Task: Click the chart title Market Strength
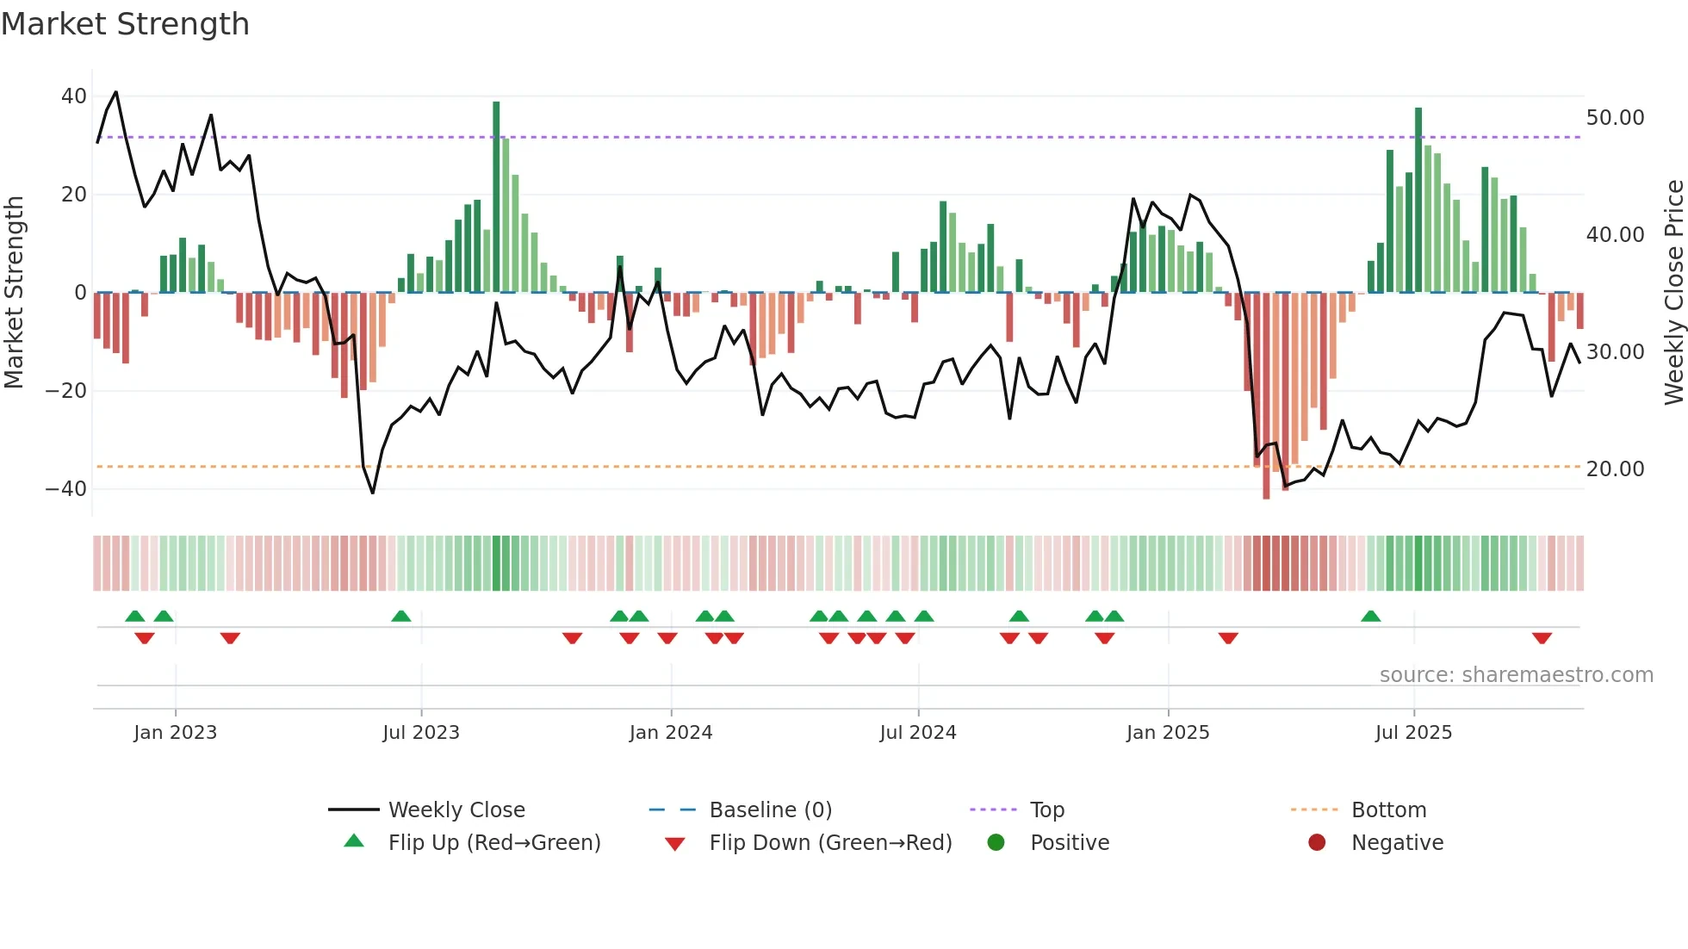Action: [x=125, y=24]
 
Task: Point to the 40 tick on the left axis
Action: [x=74, y=96]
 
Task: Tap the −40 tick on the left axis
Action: [x=67, y=489]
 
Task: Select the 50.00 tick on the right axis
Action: [x=1615, y=118]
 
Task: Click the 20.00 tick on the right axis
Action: [x=1615, y=469]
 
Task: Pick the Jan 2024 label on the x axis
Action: [x=671, y=733]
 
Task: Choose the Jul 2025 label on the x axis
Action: [x=1413, y=733]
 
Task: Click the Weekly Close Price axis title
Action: [x=1673, y=293]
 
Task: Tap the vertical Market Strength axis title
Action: [x=14, y=293]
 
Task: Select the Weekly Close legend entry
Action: [x=456, y=810]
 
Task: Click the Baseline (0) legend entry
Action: [x=770, y=810]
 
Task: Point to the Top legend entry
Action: [x=1047, y=810]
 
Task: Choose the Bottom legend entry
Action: [x=1388, y=810]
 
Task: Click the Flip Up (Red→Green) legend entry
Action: [x=493, y=843]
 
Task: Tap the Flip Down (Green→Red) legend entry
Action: [x=830, y=843]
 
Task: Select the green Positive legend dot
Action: [x=996, y=843]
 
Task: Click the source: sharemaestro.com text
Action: [x=1516, y=675]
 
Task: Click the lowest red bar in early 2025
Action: [x=1266, y=396]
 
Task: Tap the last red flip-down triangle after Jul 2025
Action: [x=1542, y=638]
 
